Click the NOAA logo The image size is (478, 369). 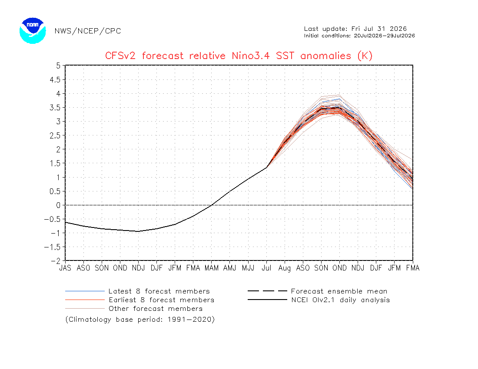[x=33, y=31]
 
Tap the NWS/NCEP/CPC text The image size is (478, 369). [x=88, y=31]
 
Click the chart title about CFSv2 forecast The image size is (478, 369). [x=239, y=56]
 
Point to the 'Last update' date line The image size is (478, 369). [x=355, y=29]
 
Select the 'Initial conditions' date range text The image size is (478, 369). [x=359, y=36]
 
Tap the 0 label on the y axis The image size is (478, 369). [x=58, y=205]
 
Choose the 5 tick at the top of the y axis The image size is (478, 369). [x=58, y=66]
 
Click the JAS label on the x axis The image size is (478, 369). [x=65, y=268]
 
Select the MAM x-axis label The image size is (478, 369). [x=212, y=268]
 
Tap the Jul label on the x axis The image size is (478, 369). [x=266, y=268]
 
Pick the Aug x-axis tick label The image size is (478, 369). [x=285, y=268]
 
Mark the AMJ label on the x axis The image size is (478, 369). [x=230, y=268]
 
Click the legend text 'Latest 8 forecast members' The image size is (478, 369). [x=159, y=291]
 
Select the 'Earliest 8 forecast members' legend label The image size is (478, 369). [x=162, y=300]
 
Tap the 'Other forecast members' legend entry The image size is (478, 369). [x=156, y=309]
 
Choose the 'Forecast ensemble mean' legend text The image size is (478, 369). [x=339, y=291]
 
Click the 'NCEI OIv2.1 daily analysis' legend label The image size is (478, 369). [x=341, y=300]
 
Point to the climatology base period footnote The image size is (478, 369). [x=140, y=320]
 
